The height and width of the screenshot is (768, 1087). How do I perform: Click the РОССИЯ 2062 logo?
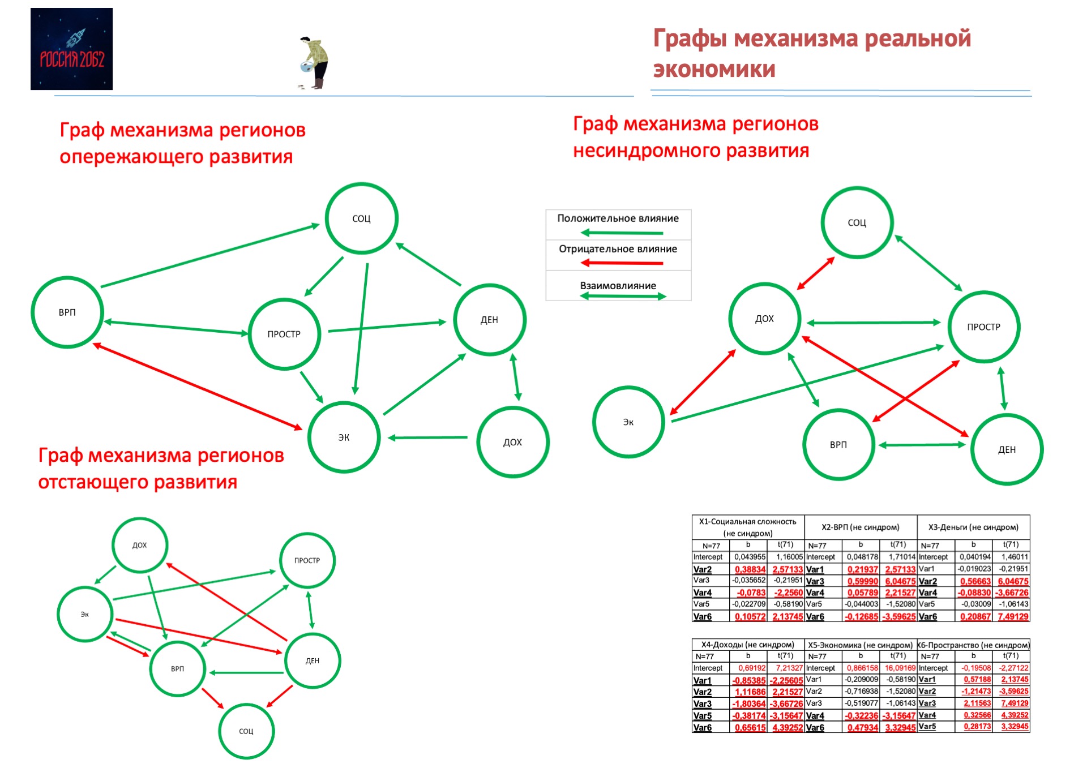click(71, 49)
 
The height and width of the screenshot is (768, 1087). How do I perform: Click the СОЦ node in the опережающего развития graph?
click(361, 218)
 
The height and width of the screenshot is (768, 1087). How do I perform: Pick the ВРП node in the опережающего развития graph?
click(67, 312)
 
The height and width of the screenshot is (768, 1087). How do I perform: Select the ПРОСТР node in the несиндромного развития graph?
click(983, 327)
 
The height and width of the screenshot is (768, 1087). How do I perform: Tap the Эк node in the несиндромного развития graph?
click(628, 422)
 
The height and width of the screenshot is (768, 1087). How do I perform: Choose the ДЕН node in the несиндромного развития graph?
click(1007, 450)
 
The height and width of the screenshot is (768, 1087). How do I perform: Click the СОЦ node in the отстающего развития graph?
click(246, 731)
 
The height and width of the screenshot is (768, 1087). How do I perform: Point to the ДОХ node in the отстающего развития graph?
click(140, 545)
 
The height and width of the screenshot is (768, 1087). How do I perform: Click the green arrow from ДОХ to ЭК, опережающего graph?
click(428, 437)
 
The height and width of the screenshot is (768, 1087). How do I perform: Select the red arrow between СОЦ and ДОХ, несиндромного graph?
click(816, 273)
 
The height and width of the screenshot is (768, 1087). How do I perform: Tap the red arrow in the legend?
click(622, 263)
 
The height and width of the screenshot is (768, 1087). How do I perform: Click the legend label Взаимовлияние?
click(618, 286)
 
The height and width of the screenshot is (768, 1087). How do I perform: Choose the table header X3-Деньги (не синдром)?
click(973, 527)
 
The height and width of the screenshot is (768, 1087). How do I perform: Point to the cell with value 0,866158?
click(862, 668)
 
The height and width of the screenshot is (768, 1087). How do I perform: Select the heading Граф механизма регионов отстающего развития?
click(161, 468)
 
